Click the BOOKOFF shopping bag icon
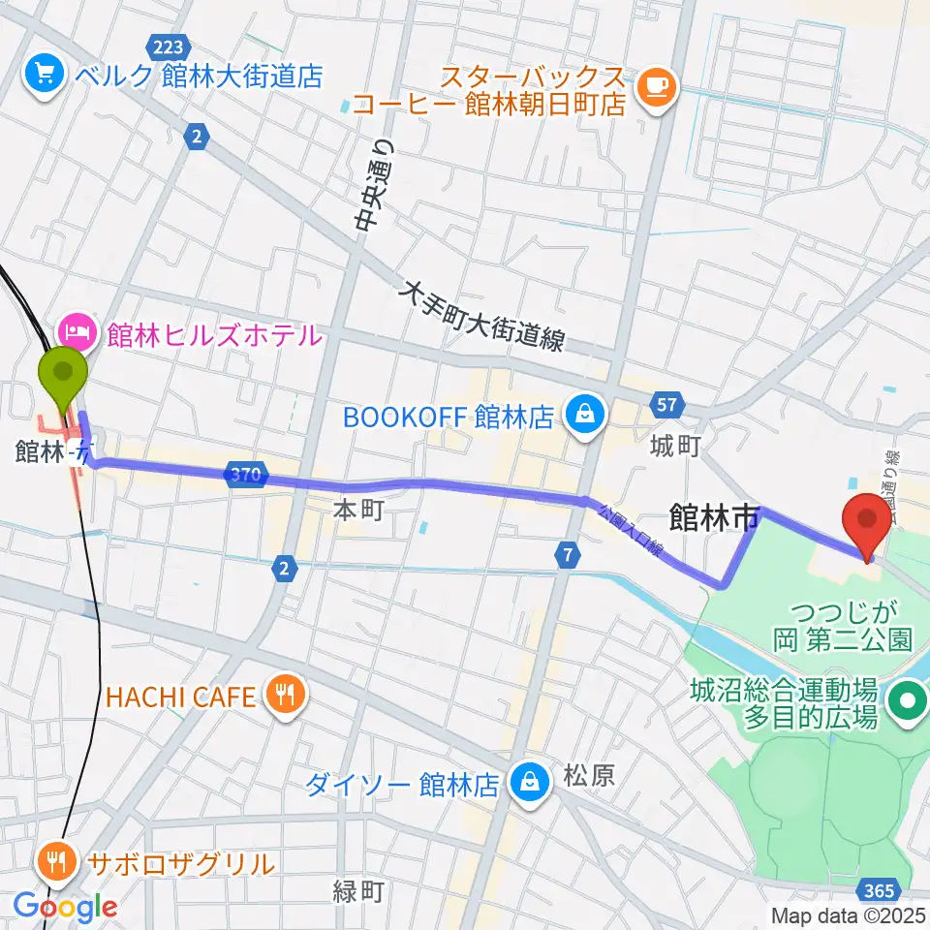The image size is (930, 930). pos(585,416)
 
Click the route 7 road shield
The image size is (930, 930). pos(567,555)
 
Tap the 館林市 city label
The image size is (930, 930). pos(713,518)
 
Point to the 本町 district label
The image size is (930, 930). pos(358,511)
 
